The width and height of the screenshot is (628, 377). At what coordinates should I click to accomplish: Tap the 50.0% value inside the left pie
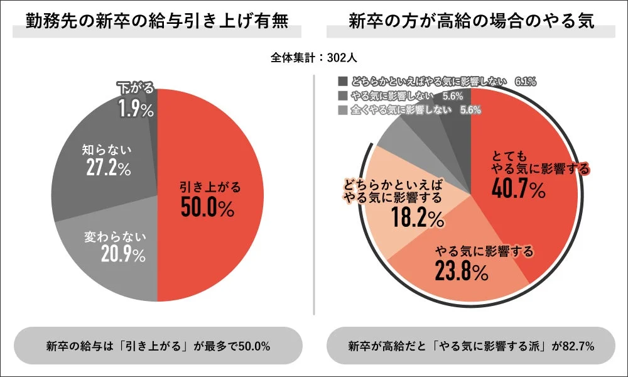[207, 207]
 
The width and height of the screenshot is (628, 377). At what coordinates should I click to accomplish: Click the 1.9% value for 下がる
[136, 110]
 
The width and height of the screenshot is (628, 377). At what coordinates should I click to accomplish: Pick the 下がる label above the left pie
[136, 89]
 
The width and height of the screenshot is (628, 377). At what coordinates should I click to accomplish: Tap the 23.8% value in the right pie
[461, 271]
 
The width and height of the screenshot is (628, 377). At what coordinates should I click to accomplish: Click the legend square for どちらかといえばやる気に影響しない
[342, 82]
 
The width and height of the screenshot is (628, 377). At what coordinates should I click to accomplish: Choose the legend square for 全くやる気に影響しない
[342, 110]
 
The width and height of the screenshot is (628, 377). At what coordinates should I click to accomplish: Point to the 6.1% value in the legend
[525, 82]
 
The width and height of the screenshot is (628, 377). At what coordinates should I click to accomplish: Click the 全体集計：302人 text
[314, 58]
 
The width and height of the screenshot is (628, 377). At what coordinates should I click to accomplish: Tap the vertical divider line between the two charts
[314, 188]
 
